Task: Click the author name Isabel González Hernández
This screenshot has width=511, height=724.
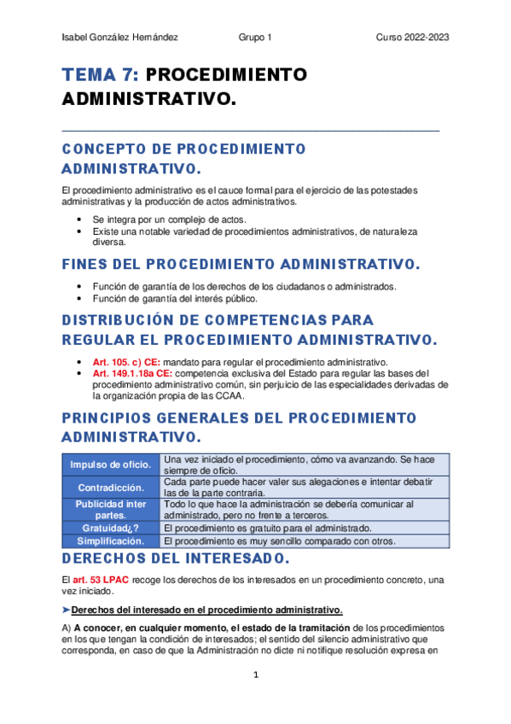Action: (x=120, y=38)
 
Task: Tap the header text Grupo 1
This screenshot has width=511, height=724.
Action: (x=255, y=38)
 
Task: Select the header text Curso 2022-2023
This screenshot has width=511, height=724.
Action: (x=413, y=38)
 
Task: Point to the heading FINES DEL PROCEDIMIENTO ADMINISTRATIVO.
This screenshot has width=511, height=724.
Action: (x=241, y=262)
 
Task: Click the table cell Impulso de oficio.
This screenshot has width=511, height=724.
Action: (x=111, y=464)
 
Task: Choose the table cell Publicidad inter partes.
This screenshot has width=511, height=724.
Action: (x=111, y=510)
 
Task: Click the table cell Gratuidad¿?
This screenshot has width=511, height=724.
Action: (x=111, y=528)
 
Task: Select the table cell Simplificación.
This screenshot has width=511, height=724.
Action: (x=111, y=540)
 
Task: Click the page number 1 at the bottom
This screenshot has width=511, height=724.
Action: (x=255, y=674)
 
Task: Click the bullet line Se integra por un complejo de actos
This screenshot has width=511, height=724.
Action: (x=168, y=219)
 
